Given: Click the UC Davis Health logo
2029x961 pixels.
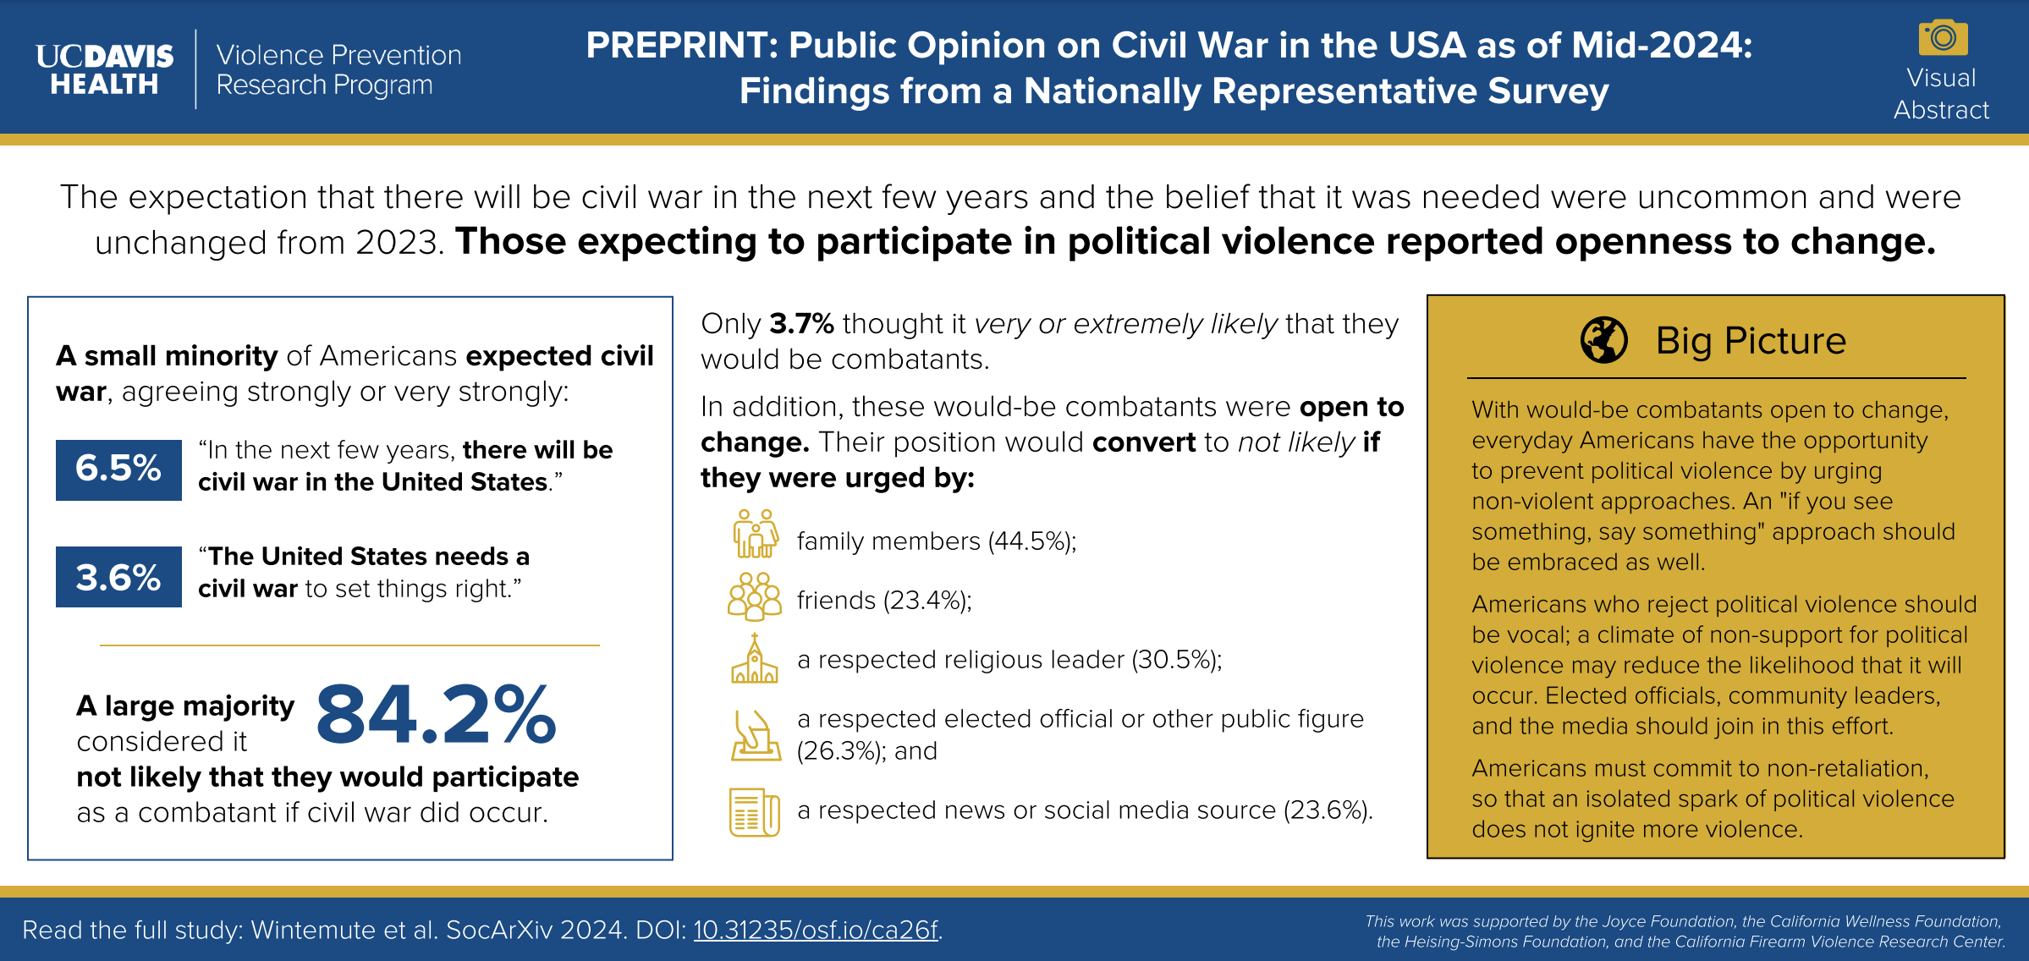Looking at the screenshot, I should [104, 69].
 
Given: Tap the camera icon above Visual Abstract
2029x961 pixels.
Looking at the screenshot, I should [1943, 38].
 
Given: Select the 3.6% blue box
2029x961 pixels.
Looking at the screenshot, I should [118, 577].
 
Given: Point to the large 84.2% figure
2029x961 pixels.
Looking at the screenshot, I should [436, 716].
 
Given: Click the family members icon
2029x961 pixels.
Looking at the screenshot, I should [755, 534].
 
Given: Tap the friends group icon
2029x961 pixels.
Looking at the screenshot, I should [755, 596].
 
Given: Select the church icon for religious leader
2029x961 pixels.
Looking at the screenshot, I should [754, 659].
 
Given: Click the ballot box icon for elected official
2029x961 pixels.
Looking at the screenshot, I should [755, 734].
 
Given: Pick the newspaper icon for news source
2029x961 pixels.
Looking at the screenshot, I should [754, 812].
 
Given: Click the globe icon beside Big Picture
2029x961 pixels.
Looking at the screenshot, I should [1603, 341].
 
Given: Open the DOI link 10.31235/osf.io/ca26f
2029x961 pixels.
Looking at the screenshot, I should [816, 930].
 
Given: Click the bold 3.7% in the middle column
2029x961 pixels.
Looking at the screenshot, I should [801, 324].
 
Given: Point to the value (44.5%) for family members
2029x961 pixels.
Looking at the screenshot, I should [1031, 541].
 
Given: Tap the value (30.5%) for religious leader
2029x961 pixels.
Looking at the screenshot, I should [1176, 660].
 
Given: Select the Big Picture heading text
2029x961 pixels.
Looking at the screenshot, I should [1751, 341].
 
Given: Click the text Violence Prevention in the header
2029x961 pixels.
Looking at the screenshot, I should [338, 55].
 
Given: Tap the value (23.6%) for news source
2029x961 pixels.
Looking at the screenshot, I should [1327, 810].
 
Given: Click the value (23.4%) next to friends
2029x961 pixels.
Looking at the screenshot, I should [927, 601].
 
